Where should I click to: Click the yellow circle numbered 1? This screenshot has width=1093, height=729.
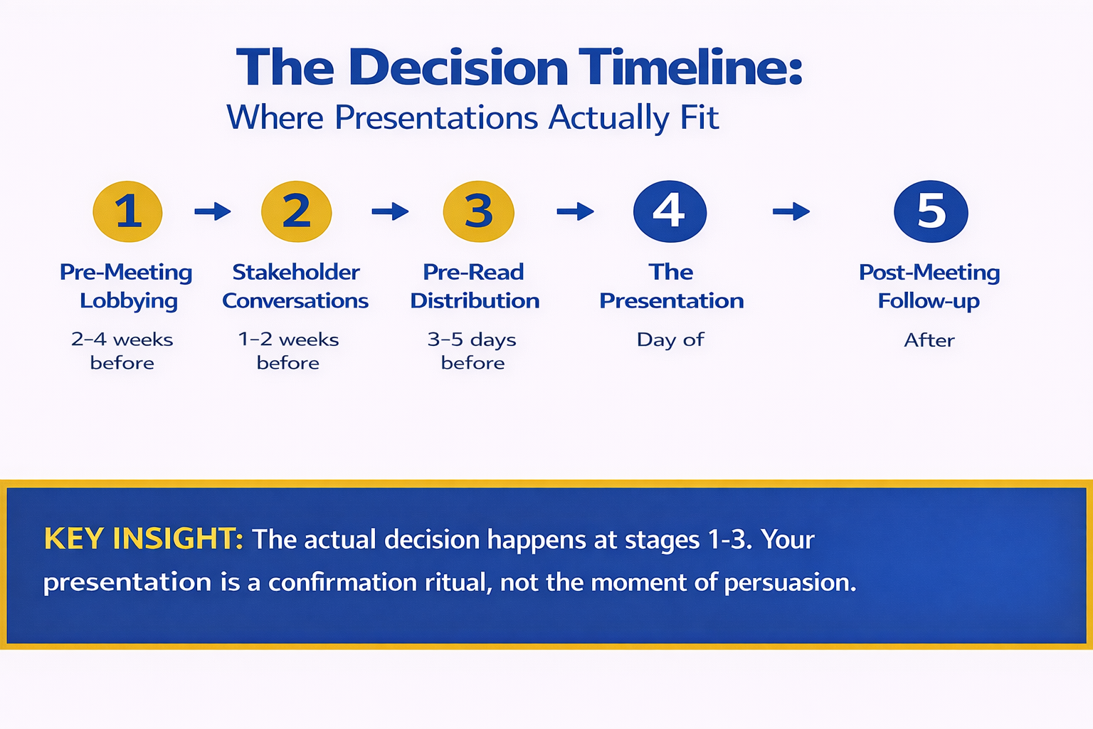click(128, 211)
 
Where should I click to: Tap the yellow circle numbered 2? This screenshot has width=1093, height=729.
click(296, 211)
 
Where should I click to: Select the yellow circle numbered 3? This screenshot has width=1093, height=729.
click(478, 211)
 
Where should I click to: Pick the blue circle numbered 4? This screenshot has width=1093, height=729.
click(670, 211)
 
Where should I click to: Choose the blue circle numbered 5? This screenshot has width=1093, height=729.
click(931, 211)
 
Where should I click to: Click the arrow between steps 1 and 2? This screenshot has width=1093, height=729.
click(213, 211)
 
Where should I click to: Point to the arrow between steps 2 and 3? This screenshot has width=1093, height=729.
click(390, 211)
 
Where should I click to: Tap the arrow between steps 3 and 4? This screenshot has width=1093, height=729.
click(575, 211)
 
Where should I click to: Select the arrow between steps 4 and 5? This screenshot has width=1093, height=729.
click(791, 211)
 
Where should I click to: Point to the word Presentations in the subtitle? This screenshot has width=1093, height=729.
click(436, 118)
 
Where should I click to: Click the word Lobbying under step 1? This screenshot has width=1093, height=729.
click(129, 301)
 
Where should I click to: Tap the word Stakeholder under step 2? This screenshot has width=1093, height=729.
click(296, 272)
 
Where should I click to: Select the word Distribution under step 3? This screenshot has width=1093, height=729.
click(475, 300)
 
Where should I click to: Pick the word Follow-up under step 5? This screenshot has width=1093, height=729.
click(929, 301)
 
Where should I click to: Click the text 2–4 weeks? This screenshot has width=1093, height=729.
click(122, 340)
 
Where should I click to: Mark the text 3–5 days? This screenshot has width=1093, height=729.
click(472, 340)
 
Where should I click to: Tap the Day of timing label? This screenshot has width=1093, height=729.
click(670, 340)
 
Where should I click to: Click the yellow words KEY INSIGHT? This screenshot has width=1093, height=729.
click(143, 539)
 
